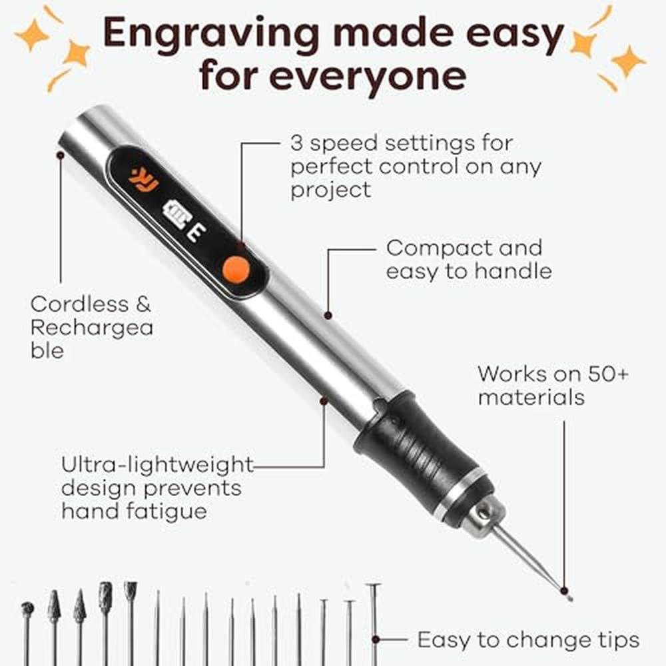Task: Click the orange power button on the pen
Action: tap(236, 268)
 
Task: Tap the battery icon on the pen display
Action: tap(176, 214)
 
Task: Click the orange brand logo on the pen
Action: tap(144, 180)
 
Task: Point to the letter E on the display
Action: tap(196, 233)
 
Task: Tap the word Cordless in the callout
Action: tap(79, 304)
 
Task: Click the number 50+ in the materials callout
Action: tap(608, 374)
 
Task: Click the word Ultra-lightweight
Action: tap(157, 465)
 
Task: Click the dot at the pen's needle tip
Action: tap(564, 590)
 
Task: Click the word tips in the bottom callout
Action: tap(619, 639)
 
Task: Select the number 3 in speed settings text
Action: tap(296, 143)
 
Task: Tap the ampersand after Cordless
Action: tap(143, 304)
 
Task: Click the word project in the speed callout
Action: tap(331, 190)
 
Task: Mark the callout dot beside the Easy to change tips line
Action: tap(376, 639)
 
